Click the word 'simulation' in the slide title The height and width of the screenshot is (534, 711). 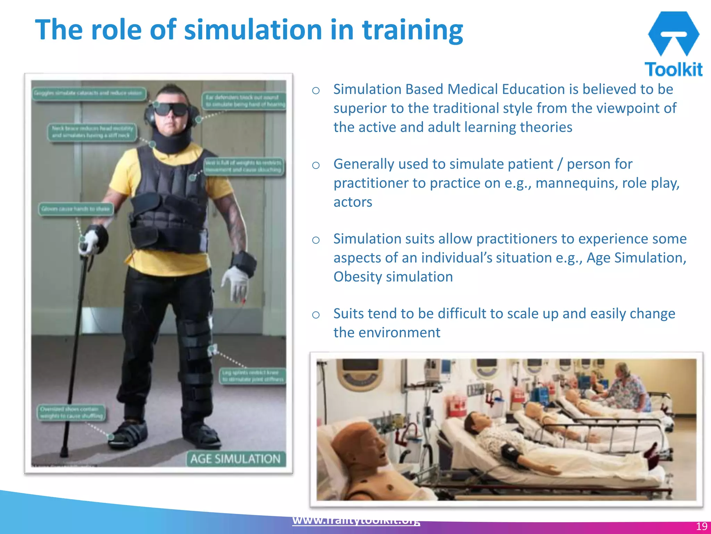tap(253, 30)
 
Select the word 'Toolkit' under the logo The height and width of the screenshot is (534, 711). tap(674, 69)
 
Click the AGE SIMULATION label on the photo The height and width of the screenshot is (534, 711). tap(236, 459)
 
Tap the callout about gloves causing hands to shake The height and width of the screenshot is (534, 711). tap(76, 209)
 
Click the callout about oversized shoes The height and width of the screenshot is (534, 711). tap(72, 412)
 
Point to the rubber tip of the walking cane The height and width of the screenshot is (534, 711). tap(64, 453)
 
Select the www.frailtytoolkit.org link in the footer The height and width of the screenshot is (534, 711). tap(356, 520)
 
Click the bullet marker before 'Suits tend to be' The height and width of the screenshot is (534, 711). tap(316, 315)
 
